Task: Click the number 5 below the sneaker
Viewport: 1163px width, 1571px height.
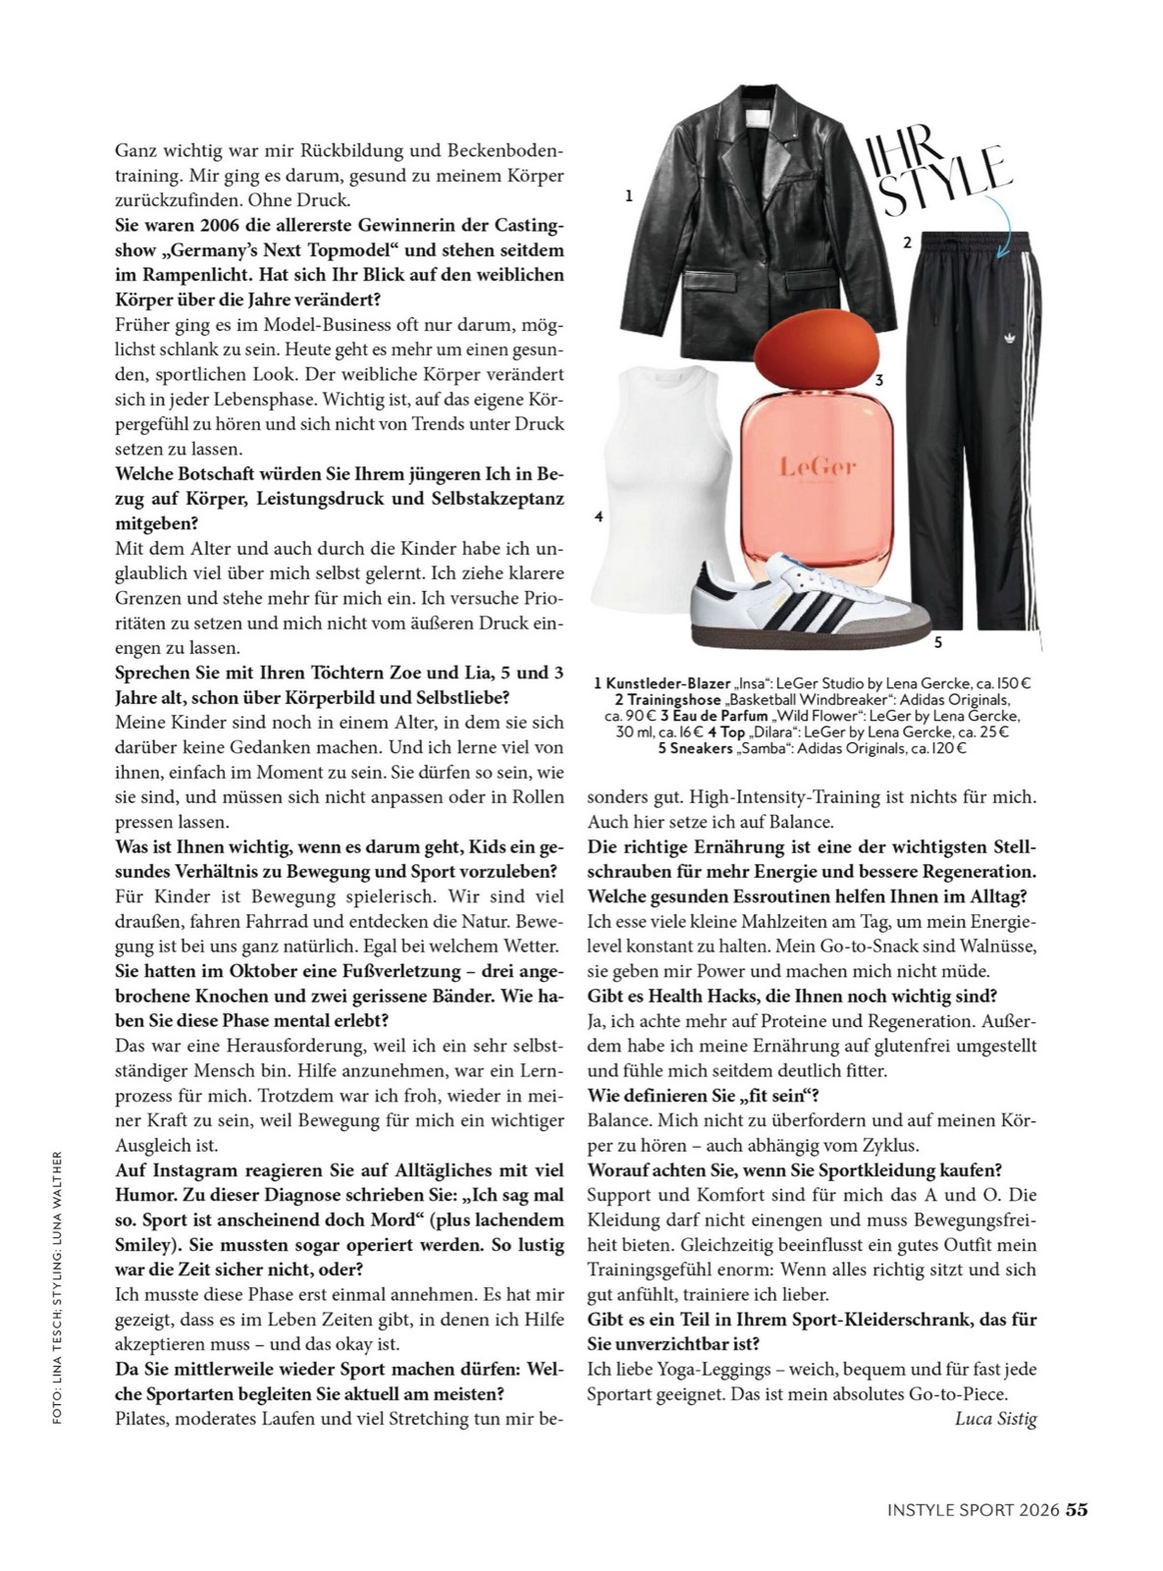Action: pos(937,643)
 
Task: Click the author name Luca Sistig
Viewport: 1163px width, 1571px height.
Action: pos(994,1418)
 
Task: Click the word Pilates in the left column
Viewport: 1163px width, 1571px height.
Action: pos(142,1418)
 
